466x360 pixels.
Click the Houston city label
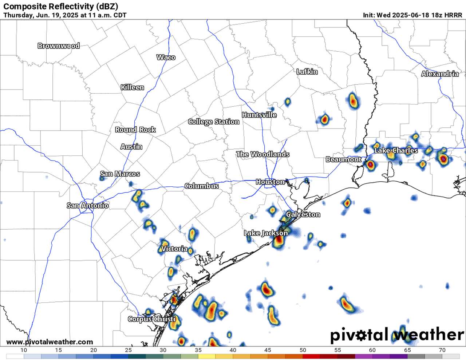pyautogui.click(x=270, y=182)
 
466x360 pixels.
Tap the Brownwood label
pyautogui.click(x=59, y=46)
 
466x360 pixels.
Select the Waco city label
pyautogui.click(x=166, y=57)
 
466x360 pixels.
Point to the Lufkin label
pyautogui.click(x=307, y=72)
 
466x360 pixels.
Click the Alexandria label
pyautogui.click(x=440, y=74)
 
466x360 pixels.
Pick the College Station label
pyautogui.click(x=214, y=122)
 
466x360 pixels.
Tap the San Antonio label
pyautogui.click(x=88, y=206)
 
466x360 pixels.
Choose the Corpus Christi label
pyautogui.click(x=151, y=319)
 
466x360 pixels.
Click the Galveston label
pyautogui.click(x=303, y=214)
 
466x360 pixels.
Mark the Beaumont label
pyautogui.click(x=343, y=159)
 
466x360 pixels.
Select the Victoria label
pyautogui.click(x=174, y=249)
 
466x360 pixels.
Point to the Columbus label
pyautogui.click(x=202, y=186)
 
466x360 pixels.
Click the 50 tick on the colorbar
pyautogui.click(x=303, y=350)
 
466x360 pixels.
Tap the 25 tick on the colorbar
pyautogui.click(x=128, y=350)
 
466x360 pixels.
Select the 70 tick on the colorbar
pyautogui.click(x=442, y=350)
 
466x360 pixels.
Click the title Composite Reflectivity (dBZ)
pyautogui.click(x=60, y=6)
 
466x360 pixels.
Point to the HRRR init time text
pyautogui.click(x=412, y=15)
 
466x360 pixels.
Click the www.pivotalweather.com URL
pyautogui.click(x=50, y=342)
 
